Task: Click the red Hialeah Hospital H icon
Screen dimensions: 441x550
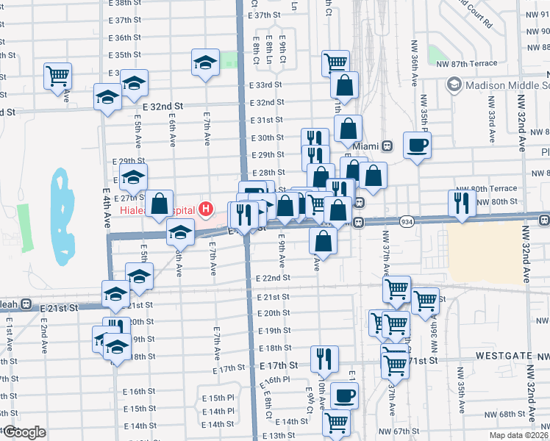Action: tap(206, 209)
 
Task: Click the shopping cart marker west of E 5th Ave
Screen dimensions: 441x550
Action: tap(57, 76)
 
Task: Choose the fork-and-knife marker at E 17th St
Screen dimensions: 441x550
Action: tap(324, 359)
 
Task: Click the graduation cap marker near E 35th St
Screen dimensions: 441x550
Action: tap(206, 62)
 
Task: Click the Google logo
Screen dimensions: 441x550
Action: tap(24, 432)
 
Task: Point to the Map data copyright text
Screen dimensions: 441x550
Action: tap(518, 435)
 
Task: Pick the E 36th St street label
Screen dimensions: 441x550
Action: tap(124, 37)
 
